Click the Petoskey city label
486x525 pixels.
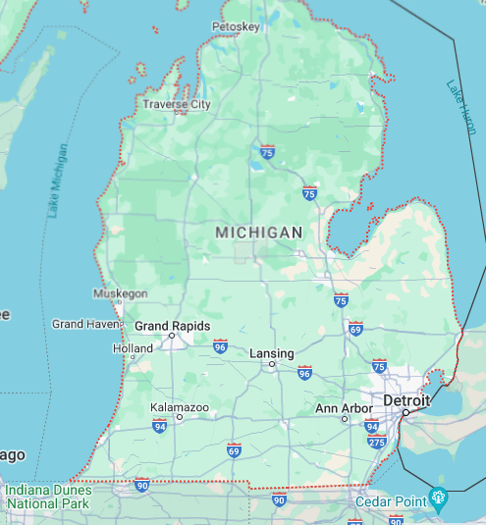236,26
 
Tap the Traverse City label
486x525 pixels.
177,104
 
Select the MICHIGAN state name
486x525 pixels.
259,232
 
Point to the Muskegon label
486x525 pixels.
120,293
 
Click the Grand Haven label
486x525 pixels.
83,324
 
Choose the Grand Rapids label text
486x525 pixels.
172,326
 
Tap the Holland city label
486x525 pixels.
133,348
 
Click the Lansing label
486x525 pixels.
272,353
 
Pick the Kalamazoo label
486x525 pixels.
179,406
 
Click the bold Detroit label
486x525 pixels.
406,401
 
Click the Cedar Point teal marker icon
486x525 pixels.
438,497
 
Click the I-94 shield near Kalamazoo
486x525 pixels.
159,426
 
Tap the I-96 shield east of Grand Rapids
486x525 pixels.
220,346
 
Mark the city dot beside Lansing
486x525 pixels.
272,364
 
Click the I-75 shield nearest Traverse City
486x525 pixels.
267,152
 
